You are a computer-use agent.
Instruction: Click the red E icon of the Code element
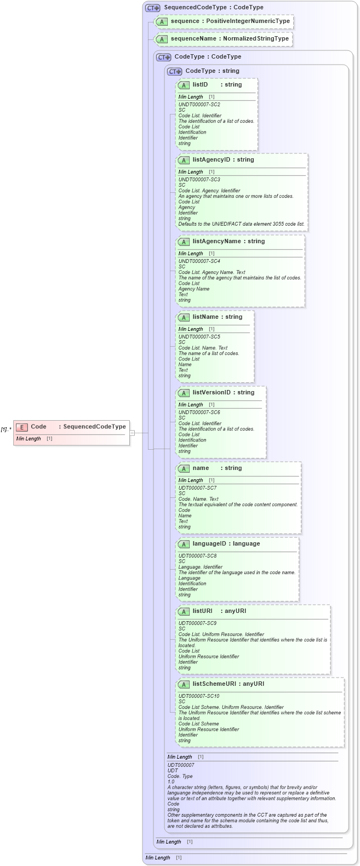[22, 427]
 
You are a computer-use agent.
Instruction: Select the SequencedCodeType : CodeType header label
[213, 8]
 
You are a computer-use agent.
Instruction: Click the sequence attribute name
[185, 21]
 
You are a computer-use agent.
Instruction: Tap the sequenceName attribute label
[193, 39]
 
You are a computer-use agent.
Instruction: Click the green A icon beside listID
[184, 85]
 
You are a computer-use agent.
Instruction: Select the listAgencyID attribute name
[211, 160]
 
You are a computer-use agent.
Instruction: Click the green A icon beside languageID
[184, 544]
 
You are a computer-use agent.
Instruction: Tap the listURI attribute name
[202, 611]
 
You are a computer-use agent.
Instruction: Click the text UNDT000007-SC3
[199, 180]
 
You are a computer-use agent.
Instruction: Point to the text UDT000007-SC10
[198, 696]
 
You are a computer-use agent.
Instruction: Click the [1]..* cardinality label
[6, 429]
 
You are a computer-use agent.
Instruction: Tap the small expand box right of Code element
[132, 433]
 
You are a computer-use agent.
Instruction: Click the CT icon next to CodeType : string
[174, 71]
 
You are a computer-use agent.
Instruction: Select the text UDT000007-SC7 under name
[197, 488]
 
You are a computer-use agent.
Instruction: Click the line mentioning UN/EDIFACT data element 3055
[241, 224]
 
